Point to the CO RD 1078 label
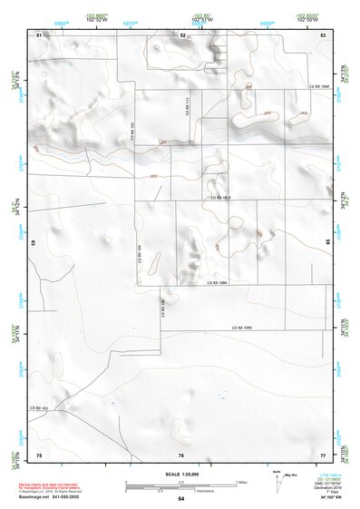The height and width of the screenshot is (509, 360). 222,196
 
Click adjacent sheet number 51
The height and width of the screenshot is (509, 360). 39,34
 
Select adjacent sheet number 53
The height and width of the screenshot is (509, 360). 323,34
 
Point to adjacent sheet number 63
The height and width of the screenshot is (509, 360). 34,244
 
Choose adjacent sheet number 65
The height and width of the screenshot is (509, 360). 327,244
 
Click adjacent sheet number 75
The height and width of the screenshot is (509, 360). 39,454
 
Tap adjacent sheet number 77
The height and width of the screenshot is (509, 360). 323,454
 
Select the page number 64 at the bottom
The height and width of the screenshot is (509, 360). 180,499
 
